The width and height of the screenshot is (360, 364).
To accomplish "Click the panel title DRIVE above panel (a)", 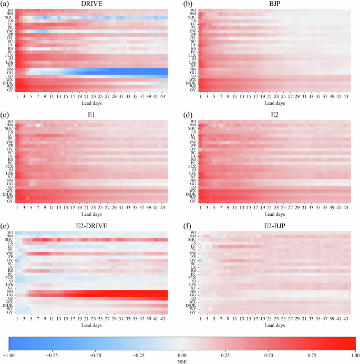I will coord(91,5).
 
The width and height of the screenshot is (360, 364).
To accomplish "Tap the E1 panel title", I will coord(91,117).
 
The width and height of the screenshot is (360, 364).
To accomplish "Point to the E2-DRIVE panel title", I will coord(91,227).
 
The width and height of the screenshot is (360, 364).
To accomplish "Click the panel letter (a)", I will coord(4,5).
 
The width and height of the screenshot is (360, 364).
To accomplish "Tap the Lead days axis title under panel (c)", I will coord(91,215).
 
